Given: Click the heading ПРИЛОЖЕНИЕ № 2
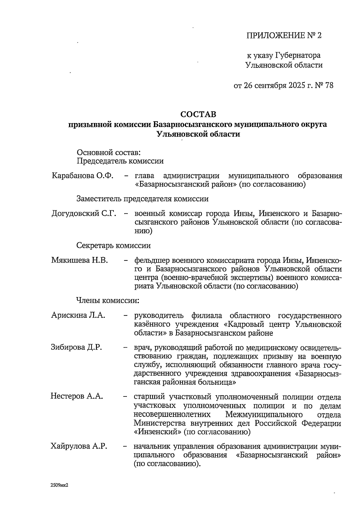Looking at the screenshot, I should click(283, 36).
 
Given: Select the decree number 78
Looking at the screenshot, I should click(329, 86).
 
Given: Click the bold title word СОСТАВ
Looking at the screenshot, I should click(198, 114).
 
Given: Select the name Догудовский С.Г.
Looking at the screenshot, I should click(84, 214).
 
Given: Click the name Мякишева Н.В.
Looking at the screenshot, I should click(79, 260).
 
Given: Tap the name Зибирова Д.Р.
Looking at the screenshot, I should click(76, 347).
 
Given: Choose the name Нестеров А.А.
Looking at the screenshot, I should click(77, 396).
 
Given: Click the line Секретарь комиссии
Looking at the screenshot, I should click(114, 245).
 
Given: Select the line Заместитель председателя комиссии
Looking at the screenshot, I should click(142, 199).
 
